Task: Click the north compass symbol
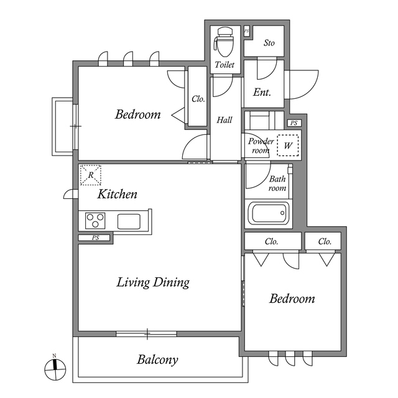click(55, 369)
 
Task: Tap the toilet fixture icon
click(223, 42)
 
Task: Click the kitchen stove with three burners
click(96, 221)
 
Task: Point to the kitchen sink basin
click(130, 221)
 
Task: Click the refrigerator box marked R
click(91, 175)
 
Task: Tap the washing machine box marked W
click(287, 146)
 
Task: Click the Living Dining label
click(153, 282)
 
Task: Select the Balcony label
click(158, 359)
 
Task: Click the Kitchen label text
click(117, 194)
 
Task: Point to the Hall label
click(224, 120)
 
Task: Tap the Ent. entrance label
click(262, 92)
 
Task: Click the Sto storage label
click(269, 43)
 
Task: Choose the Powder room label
click(261, 146)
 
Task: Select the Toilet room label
click(224, 65)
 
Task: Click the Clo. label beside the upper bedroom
click(198, 98)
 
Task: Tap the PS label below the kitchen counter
click(95, 238)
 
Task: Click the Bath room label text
click(277, 183)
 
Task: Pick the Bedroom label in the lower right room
click(292, 299)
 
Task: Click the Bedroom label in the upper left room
click(138, 114)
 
